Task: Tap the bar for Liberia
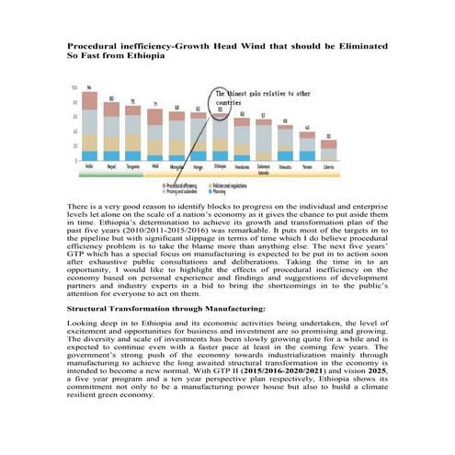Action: [x=328, y=150]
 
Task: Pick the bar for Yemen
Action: [x=307, y=145]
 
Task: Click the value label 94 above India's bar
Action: [x=89, y=87]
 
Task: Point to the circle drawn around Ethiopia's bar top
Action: [x=221, y=108]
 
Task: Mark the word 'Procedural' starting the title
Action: [x=94, y=45]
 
